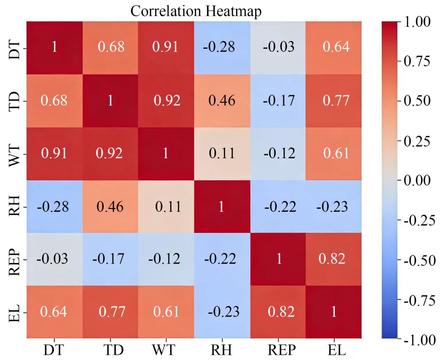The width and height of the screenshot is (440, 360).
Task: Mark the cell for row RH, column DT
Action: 53,207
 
